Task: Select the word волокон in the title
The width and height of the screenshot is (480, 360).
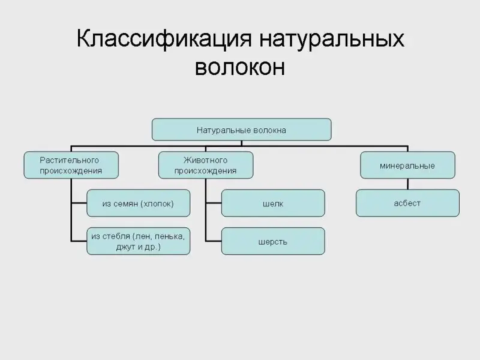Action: click(240, 67)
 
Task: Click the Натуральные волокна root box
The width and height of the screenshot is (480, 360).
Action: click(241, 129)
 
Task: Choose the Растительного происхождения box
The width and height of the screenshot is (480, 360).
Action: click(71, 165)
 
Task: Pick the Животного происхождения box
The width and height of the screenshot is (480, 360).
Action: click(205, 165)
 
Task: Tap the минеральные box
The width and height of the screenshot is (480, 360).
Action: click(407, 165)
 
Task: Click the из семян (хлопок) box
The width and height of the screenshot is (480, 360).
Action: click(139, 203)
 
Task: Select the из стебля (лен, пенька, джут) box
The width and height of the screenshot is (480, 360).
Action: click(139, 241)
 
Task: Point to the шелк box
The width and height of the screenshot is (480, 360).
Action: click(273, 203)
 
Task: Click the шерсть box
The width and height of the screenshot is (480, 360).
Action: click(273, 242)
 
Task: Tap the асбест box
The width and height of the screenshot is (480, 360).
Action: click(407, 203)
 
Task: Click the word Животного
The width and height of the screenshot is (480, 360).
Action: click(205, 160)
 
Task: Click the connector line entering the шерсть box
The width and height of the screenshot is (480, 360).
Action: click(213, 241)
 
